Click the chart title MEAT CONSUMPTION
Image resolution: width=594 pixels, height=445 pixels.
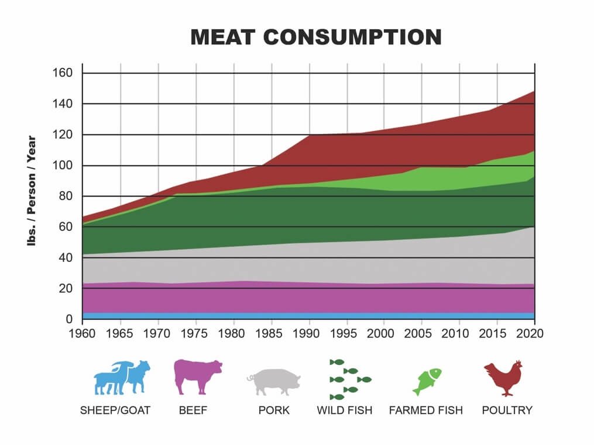click(316, 37)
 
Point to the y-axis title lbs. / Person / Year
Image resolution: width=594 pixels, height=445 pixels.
click(32, 191)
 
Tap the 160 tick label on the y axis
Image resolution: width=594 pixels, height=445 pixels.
click(63, 73)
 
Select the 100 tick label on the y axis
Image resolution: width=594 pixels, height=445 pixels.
click(63, 165)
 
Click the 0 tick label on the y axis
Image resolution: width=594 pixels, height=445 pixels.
click(68, 319)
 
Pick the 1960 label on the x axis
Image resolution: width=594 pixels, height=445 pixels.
click(83, 333)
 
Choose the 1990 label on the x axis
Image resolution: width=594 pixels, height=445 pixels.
click(309, 333)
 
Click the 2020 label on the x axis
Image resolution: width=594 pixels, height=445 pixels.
click(534, 333)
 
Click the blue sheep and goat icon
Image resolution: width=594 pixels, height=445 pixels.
click(122, 378)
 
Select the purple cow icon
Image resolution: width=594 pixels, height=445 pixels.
click(198, 377)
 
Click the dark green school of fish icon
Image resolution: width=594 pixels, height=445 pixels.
click(349, 380)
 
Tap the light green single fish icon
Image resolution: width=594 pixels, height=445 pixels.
click(426, 381)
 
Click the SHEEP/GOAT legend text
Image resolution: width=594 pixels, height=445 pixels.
click(115, 410)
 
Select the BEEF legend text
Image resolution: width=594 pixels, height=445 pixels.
click(193, 410)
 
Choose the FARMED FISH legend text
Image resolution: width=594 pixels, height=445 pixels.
click(425, 410)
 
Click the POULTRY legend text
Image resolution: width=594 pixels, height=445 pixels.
click(507, 410)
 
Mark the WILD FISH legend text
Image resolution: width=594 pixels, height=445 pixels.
click(344, 410)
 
